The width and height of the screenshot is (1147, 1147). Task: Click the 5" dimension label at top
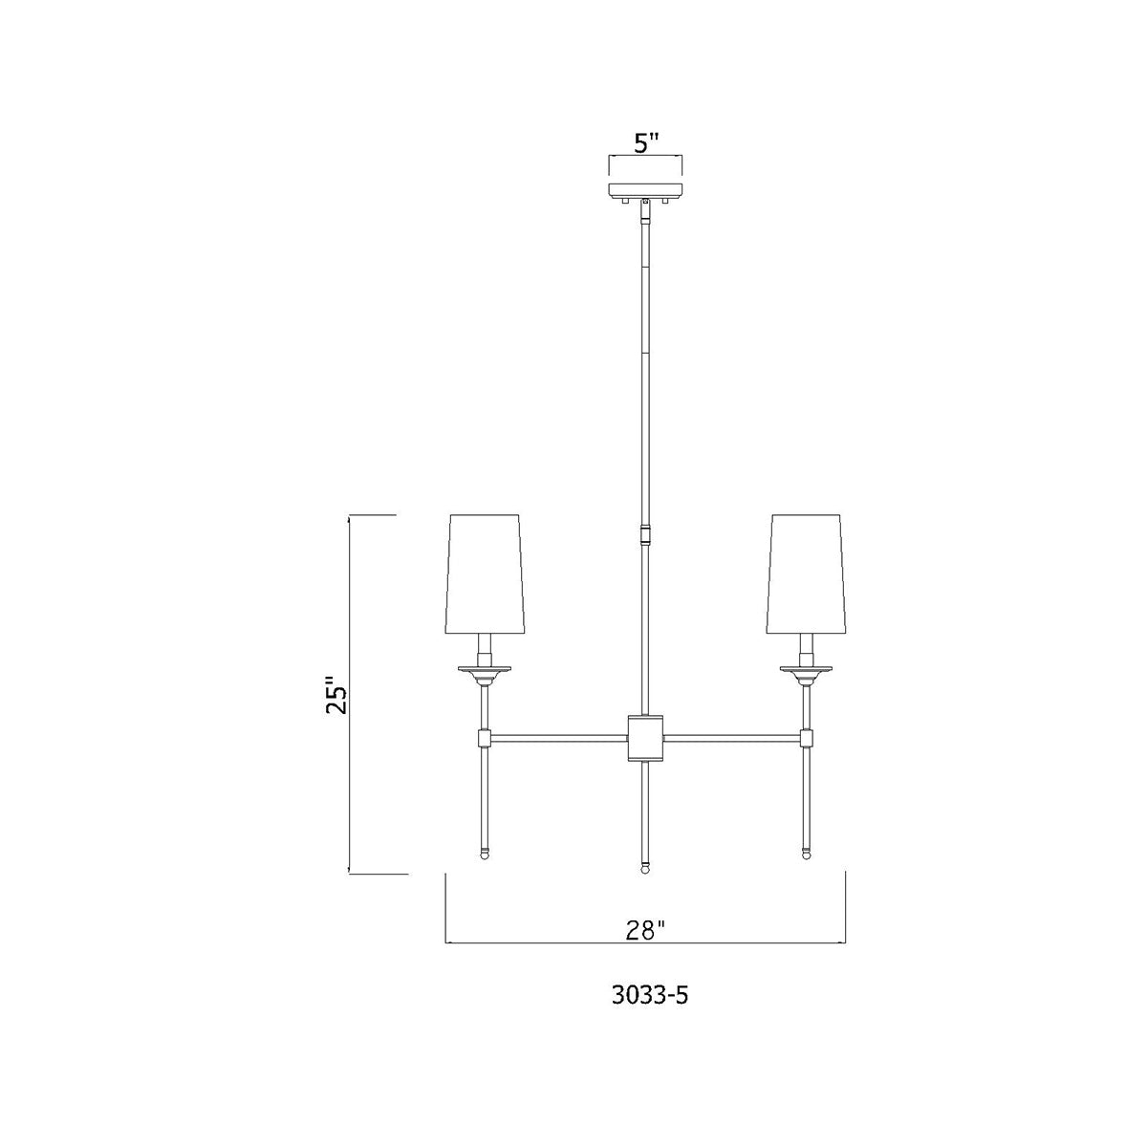click(645, 142)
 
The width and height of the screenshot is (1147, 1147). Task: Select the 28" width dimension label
click(645, 929)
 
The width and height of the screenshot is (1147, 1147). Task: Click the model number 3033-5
click(649, 995)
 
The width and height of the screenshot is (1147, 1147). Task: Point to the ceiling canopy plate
click(644, 191)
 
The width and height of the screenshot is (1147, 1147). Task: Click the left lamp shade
click(486, 573)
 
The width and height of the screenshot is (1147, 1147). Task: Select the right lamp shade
click(807, 573)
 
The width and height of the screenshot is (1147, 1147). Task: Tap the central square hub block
click(645, 739)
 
